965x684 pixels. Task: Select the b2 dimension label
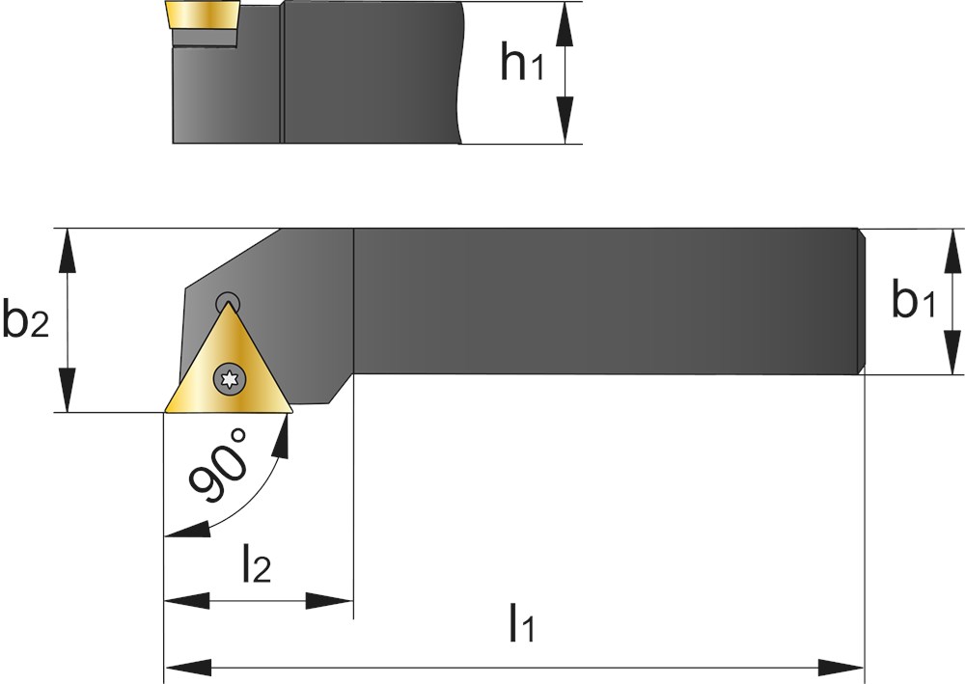point(25,318)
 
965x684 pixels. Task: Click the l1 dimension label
point(522,623)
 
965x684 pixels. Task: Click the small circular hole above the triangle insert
point(228,302)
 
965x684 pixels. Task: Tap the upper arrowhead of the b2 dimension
point(68,251)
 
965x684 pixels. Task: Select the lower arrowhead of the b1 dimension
point(952,351)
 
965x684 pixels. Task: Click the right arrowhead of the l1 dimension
point(841,667)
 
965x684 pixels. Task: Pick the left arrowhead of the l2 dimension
point(187,600)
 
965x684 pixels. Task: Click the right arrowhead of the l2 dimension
point(330,600)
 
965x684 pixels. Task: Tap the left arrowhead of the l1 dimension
point(187,667)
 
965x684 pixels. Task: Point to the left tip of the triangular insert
point(164,412)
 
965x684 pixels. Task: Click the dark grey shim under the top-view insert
point(204,38)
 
